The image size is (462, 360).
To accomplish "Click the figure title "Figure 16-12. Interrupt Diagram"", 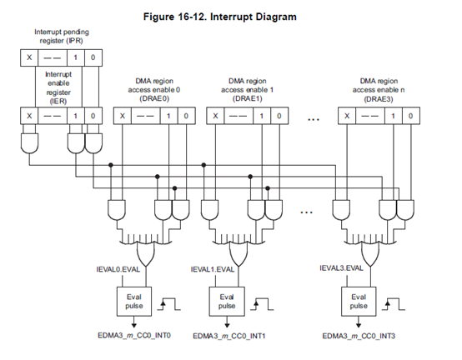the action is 220,17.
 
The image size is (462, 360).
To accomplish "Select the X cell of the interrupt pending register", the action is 29,57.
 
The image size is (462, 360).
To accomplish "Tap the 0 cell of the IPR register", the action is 93,57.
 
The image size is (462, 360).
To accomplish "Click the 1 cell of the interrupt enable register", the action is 76,116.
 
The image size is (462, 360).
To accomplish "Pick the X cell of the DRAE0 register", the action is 123,116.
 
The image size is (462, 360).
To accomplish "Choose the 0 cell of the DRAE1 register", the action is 279,116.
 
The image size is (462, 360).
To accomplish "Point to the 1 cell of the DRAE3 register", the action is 394,116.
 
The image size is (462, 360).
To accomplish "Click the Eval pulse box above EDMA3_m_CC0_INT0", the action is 134,302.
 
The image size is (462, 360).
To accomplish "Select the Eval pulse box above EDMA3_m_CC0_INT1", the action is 227,302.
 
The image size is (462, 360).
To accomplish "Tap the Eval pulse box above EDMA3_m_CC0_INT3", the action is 359,302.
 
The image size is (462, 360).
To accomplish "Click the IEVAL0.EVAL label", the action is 118,269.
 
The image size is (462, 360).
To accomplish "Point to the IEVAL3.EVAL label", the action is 341,268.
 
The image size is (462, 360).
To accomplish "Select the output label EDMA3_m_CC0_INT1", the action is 229,336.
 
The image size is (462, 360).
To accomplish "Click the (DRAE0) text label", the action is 154,98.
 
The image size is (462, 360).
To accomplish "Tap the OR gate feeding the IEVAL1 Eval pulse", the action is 239,253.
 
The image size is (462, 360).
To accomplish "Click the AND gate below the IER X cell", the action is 29,143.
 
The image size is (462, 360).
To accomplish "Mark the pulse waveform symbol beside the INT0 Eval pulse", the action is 168,304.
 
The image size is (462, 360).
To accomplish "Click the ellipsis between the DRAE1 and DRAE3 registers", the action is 314,119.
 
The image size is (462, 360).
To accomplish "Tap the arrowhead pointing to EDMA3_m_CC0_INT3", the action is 359,325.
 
